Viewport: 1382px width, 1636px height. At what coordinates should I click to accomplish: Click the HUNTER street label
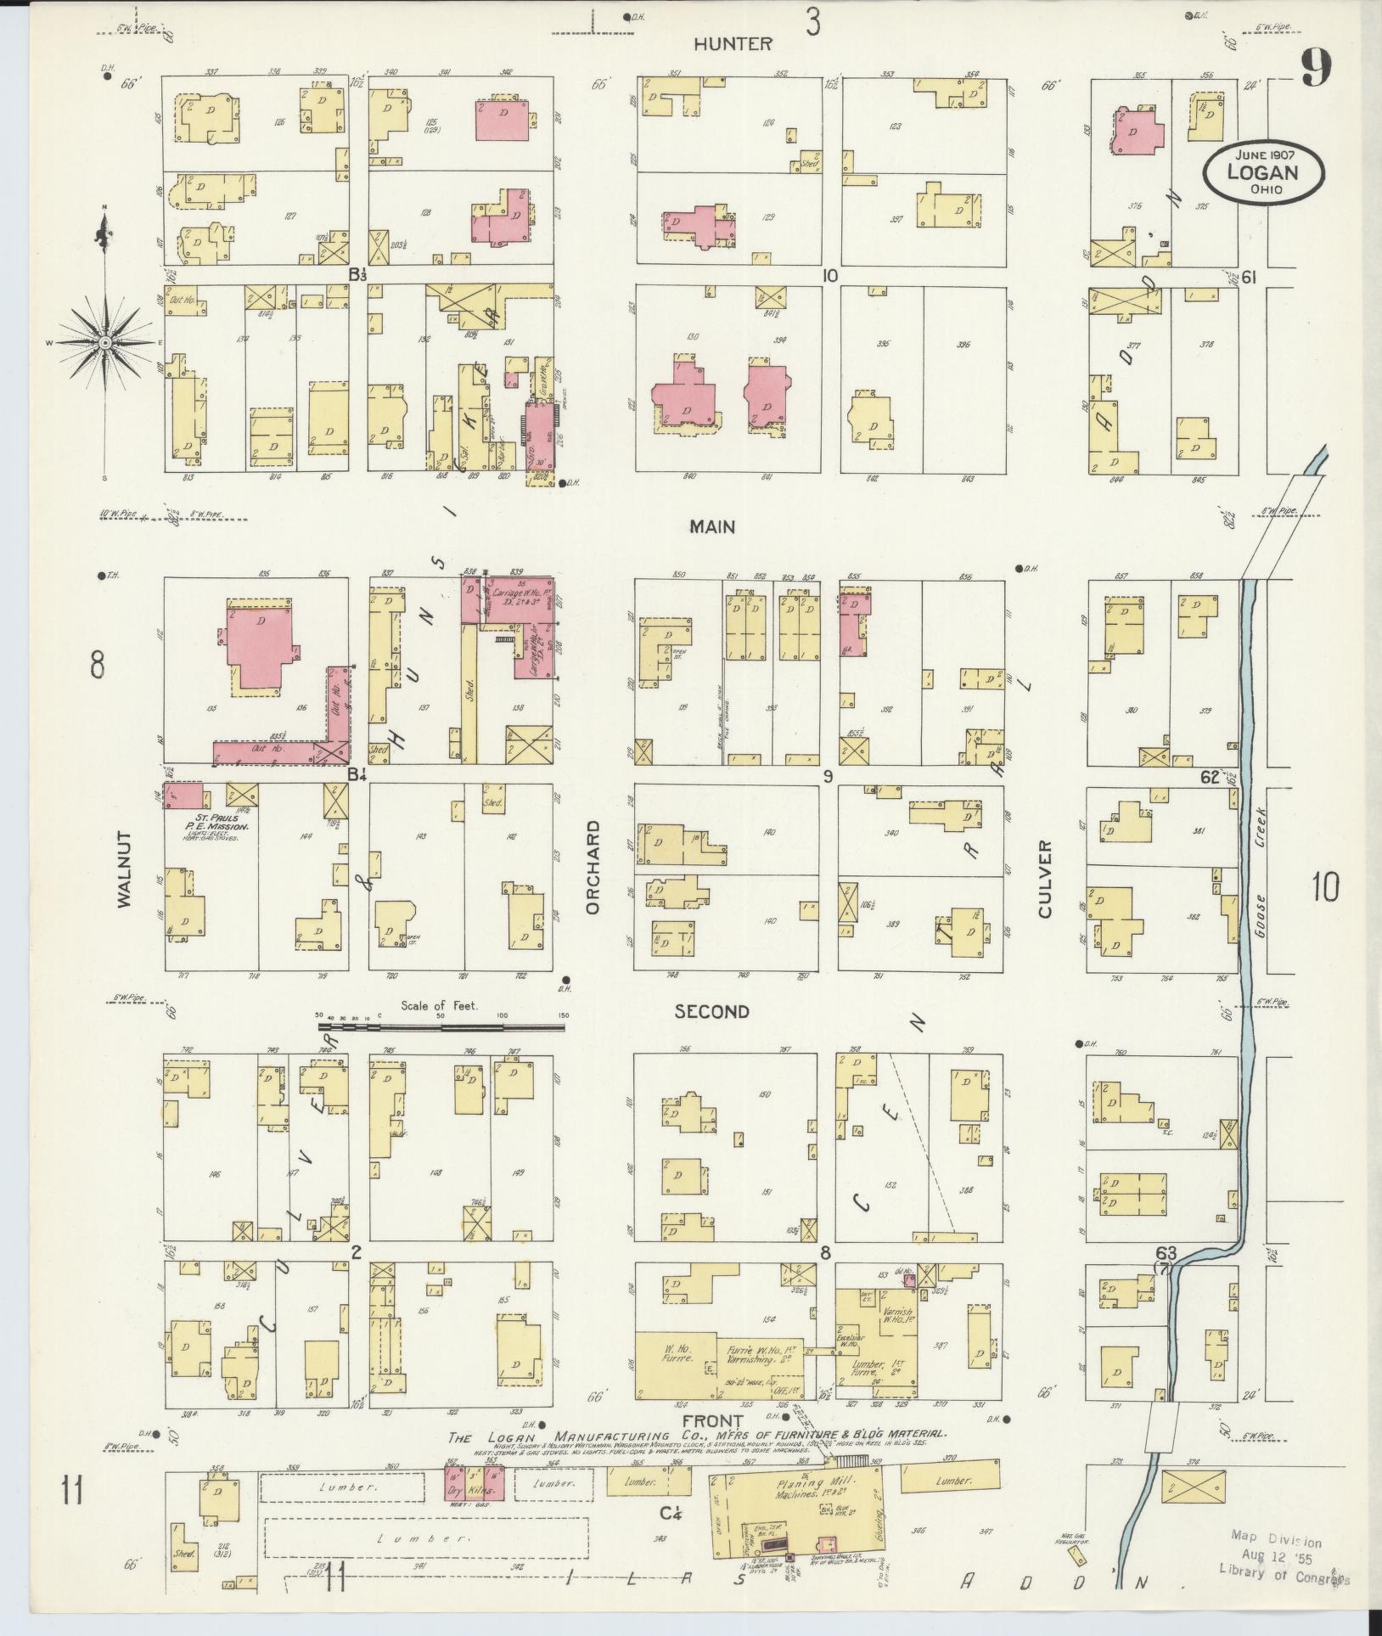pos(733,44)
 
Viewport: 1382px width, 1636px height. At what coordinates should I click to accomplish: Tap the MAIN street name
pos(711,527)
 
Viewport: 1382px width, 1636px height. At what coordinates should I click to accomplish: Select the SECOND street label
pos(711,1012)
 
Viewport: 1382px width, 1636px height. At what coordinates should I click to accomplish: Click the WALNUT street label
pos(126,869)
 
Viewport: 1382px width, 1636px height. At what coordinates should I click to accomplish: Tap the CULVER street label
pos(1043,879)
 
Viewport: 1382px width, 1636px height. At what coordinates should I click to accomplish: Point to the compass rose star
pos(104,342)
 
